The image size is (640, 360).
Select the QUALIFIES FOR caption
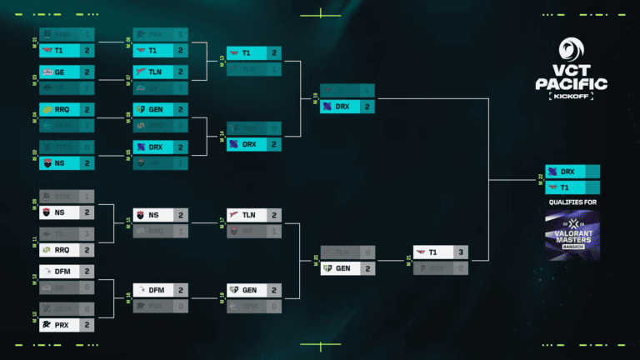[572, 202]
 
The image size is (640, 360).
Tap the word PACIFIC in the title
[572, 85]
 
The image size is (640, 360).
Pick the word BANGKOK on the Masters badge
[572, 247]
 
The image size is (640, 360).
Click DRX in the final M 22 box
[571, 172]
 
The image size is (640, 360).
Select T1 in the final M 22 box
[571, 187]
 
